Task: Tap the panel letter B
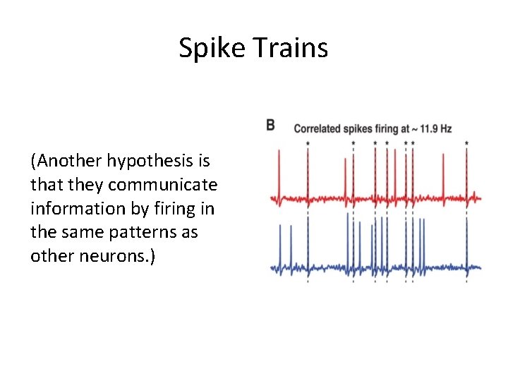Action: coord(270,126)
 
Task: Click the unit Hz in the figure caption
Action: coord(445,129)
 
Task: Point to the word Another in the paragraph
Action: coord(68,162)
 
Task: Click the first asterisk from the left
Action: coord(308,143)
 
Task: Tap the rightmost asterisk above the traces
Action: coord(467,143)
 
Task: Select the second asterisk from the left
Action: coord(353,143)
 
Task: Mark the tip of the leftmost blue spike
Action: coord(280,224)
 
